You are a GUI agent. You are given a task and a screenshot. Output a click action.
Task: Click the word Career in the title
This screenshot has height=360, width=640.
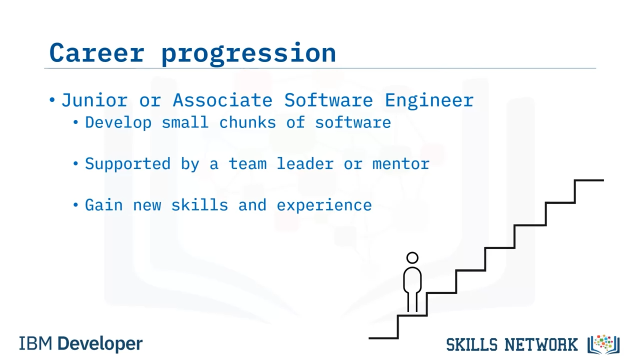(97, 52)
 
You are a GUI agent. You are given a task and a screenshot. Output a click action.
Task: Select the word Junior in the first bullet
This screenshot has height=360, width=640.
(94, 100)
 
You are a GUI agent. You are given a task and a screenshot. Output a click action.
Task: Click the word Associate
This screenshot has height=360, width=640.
(222, 100)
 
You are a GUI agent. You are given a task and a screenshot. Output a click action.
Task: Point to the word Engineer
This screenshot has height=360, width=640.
(429, 101)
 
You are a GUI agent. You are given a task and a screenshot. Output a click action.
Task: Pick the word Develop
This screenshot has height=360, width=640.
(118, 123)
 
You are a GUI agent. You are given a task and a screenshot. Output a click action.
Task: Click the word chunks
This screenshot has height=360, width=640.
(247, 122)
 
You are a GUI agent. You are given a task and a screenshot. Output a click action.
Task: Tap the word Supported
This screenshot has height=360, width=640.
(127, 164)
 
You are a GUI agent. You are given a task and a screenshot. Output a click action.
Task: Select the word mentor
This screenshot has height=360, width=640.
(401, 164)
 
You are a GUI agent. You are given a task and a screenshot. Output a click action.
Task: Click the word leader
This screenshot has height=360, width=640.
(305, 163)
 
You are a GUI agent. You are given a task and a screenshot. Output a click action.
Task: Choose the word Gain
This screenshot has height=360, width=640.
(104, 205)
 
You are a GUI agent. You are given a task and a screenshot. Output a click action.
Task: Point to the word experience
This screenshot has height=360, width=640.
(324, 205)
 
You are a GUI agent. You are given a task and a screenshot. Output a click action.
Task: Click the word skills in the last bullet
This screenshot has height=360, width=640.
(199, 205)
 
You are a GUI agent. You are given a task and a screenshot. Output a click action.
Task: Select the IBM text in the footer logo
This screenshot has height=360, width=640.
(35, 343)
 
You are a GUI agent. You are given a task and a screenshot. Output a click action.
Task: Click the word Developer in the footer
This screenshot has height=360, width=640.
(100, 344)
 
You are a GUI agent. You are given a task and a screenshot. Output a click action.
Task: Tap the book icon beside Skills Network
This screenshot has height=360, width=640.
(603, 344)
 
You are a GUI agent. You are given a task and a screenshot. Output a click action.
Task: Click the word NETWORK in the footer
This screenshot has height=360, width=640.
(541, 344)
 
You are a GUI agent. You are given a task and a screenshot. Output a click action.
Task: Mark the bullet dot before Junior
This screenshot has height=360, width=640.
(52, 100)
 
